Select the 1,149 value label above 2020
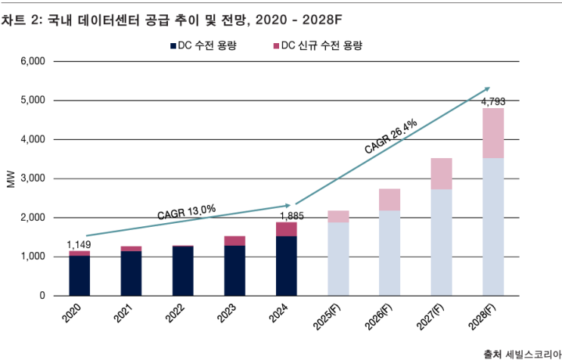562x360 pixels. (79, 244)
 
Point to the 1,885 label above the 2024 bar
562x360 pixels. (286, 214)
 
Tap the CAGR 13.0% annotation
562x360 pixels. (187, 212)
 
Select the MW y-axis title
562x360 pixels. (11, 178)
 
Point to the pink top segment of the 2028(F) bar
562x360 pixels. (493, 133)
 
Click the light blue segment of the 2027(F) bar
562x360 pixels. (442, 242)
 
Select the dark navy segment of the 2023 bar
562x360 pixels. (234, 270)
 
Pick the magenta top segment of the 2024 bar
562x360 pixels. (286, 229)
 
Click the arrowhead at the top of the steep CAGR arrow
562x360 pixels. (488, 88)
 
